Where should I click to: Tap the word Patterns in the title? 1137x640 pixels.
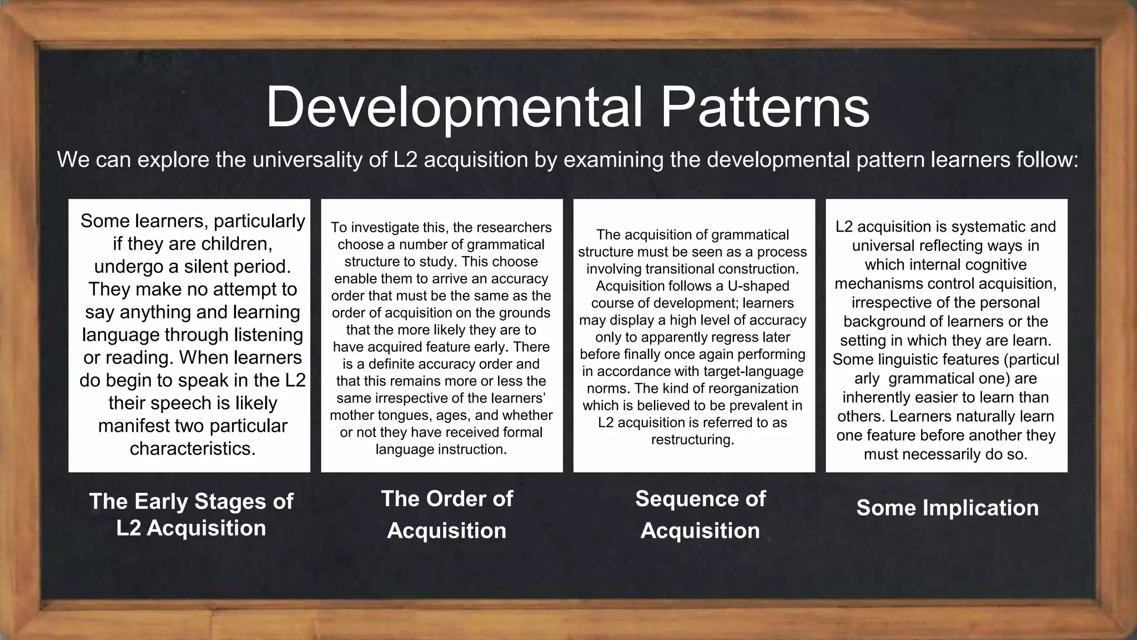pos(764,107)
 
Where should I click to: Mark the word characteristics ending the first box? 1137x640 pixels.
pos(192,449)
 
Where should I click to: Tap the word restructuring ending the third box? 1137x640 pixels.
pos(692,440)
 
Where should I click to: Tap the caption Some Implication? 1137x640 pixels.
pos(947,508)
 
